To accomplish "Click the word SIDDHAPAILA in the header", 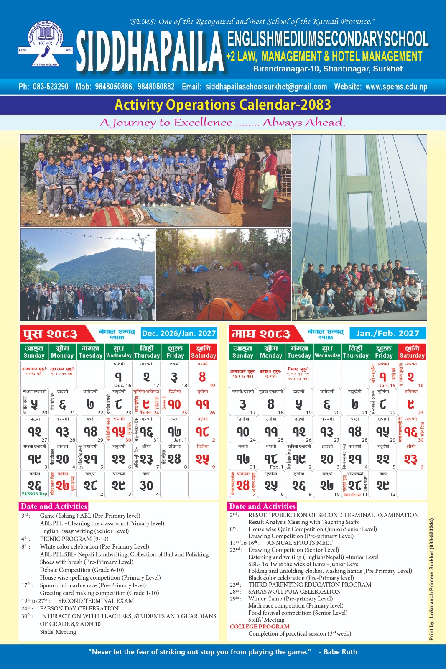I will pos(150,51).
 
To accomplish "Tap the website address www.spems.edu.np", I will pos(396,87).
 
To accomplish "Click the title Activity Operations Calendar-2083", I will pos(223,105).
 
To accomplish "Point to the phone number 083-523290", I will pos(51,87).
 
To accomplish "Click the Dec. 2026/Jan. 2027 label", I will pos(179,333).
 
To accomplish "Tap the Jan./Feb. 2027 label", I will pos(387,333).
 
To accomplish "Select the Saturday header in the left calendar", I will pos(203,352).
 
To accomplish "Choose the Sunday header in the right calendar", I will pos(243,352).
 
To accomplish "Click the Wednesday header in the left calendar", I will pos(119,352).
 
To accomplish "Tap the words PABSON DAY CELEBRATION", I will pos(79,608).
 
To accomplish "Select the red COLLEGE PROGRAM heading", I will pos(260,626).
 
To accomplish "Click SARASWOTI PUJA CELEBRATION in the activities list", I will pos(294,592).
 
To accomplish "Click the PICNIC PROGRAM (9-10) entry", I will pos(74,539).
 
